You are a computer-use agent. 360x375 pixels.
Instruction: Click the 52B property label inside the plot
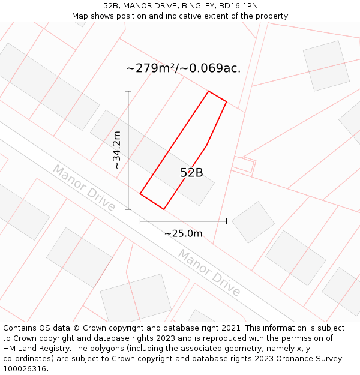point(191,173)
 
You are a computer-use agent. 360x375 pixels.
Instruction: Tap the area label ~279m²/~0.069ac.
point(183,68)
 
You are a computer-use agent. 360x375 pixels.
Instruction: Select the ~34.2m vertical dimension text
point(117,150)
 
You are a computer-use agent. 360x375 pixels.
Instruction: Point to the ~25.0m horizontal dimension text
point(183,233)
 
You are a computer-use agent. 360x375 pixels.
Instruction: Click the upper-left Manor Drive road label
point(83,187)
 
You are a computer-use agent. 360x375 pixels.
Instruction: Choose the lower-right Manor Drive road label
point(209,274)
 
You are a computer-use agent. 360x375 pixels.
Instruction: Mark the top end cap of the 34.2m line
point(128,91)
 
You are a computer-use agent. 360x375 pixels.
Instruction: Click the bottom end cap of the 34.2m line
point(128,209)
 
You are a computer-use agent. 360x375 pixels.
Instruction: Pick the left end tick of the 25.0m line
point(140,221)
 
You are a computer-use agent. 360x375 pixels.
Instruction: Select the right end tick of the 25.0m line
point(226,221)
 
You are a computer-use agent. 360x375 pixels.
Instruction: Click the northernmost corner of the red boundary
point(208,91)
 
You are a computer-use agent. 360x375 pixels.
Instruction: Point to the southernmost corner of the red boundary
point(164,209)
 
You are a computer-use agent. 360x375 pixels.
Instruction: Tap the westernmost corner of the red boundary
point(140,194)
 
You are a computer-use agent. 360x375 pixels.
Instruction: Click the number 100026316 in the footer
point(25,368)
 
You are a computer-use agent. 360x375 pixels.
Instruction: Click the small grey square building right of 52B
point(253,222)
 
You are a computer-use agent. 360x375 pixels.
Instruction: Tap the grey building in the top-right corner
point(326,65)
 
